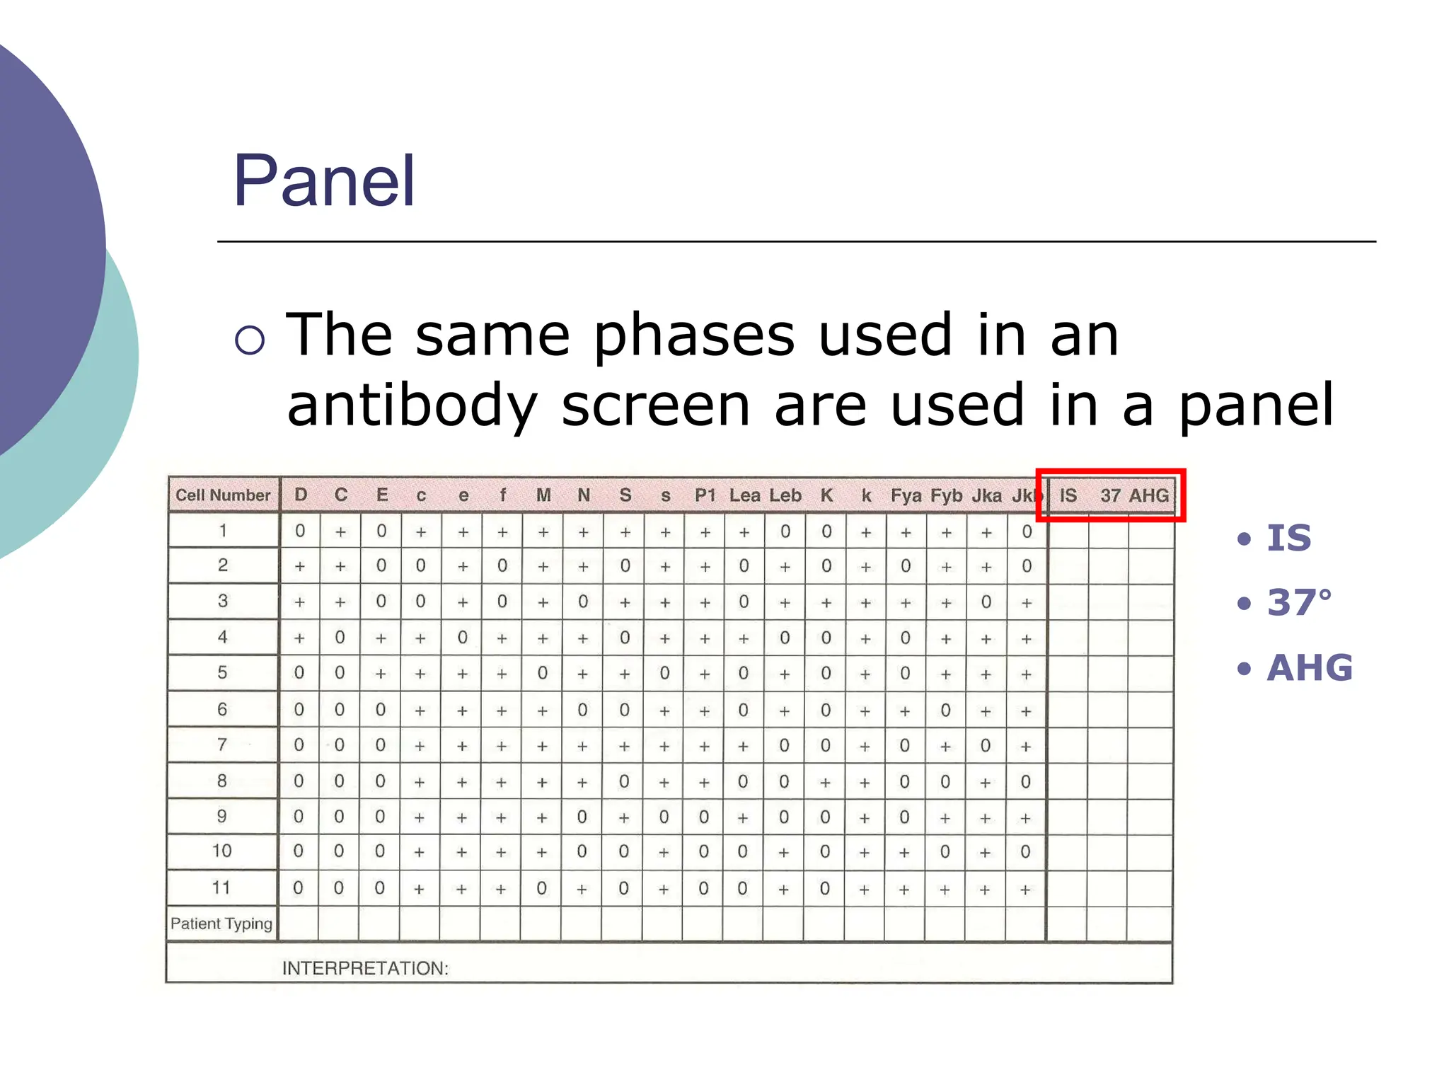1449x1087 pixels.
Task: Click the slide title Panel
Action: pos(324,182)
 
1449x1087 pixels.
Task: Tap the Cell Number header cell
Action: pos(223,495)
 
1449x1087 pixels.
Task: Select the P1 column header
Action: pos(705,495)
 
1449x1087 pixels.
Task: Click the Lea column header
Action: pos(744,495)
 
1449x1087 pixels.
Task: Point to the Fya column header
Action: pos(906,495)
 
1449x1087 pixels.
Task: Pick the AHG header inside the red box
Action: pos(1149,495)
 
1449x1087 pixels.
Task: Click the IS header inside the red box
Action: pos(1068,495)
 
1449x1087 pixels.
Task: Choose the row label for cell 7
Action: pos(222,744)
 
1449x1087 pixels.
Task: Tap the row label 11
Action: pos(221,887)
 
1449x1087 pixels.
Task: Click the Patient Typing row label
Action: pos(221,924)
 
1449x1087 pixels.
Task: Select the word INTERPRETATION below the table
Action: pos(365,968)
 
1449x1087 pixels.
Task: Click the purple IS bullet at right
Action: pos(1288,538)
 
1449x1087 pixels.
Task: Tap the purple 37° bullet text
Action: pos(1299,603)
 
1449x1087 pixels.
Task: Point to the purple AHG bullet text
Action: pos(1309,667)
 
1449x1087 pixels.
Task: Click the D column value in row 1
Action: pos(300,531)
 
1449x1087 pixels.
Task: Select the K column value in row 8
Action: pos(825,781)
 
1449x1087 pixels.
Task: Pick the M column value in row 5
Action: pos(543,673)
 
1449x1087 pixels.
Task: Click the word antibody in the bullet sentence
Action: pos(412,406)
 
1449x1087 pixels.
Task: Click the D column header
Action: pos(301,495)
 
